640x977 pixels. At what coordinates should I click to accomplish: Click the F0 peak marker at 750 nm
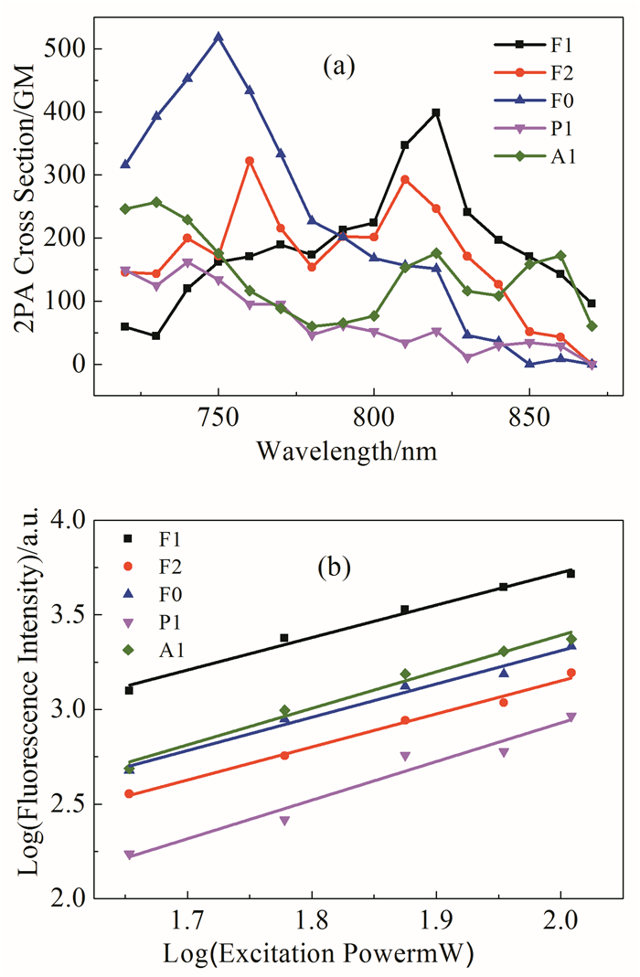pyautogui.click(x=219, y=37)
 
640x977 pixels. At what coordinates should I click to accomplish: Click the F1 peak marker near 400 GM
pyautogui.click(x=436, y=112)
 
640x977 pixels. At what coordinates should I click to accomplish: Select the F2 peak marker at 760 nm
pyautogui.click(x=250, y=161)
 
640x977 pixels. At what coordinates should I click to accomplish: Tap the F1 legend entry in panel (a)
pyautogui.click(x=536, y=43)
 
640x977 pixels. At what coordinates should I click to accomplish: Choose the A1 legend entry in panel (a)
pyautogui.click(x=536, y=156)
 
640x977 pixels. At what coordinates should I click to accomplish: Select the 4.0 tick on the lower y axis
pyautogui.click(x=77, y=520)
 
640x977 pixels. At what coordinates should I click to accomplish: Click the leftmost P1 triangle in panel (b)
pyautogui.click(x=129, y=855)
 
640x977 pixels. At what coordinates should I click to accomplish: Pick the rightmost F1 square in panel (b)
pyautogui.click(x=571, y=573)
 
